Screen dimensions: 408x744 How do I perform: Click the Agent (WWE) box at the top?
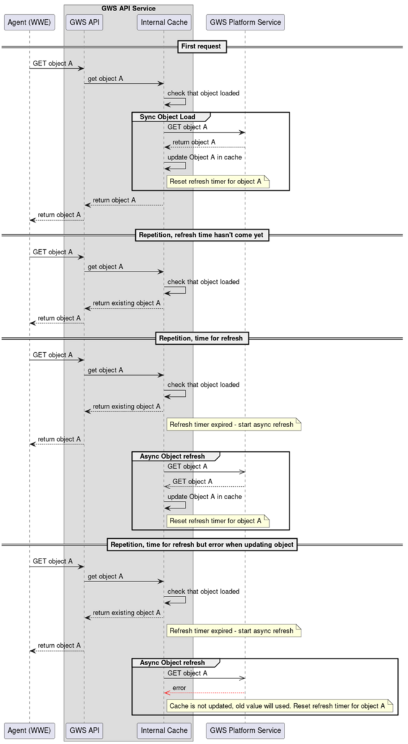click(29, 22)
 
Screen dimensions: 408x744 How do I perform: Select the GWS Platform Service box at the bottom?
click(245, 730)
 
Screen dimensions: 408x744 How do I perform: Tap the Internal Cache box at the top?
click(164, 22)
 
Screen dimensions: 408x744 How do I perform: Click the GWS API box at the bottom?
click(84, 730)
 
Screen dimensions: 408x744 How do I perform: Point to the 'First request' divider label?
click(202, 46)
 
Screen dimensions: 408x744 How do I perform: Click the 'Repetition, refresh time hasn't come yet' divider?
click(202, 235)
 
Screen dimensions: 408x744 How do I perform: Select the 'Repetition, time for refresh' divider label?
click(202, 338)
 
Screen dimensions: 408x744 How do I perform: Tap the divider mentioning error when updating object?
click(202, 544)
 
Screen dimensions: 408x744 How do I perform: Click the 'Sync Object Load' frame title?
click(167, 117)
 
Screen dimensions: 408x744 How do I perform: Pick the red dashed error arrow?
click(205, 693)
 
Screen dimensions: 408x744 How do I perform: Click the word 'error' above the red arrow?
click(179, 688)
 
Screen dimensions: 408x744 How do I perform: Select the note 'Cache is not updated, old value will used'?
click(280, 706)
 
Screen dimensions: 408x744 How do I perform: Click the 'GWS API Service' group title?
click(128, 8)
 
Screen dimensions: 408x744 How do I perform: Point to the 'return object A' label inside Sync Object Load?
click(193, 142)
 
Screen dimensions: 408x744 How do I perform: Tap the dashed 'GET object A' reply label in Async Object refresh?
click(192, 481)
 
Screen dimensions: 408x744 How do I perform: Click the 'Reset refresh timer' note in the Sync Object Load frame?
click(218, 181)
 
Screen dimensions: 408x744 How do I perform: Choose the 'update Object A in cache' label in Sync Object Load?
click(205, 157)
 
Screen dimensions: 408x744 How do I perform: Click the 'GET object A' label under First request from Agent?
click(53, 63)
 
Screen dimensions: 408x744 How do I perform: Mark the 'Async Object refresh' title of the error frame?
click(172, 662)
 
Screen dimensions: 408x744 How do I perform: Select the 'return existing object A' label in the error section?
click(126, 613)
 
